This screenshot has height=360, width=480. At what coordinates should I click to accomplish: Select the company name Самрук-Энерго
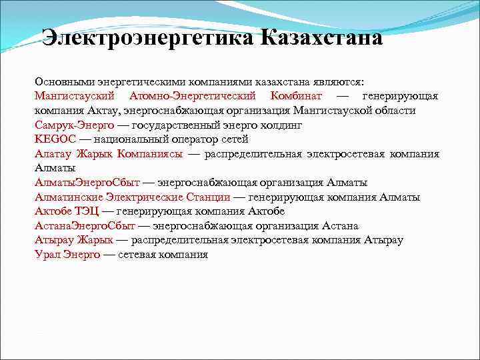pos(74,125)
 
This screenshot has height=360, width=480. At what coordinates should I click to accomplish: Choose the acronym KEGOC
pos(53,139)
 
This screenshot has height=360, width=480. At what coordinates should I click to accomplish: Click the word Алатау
pos(53,154)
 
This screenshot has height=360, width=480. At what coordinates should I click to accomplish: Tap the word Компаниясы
pos(150,154)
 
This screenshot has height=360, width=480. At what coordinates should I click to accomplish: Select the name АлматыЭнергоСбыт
pos(87,183)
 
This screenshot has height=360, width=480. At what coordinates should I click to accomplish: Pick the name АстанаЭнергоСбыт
pos(85,226)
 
